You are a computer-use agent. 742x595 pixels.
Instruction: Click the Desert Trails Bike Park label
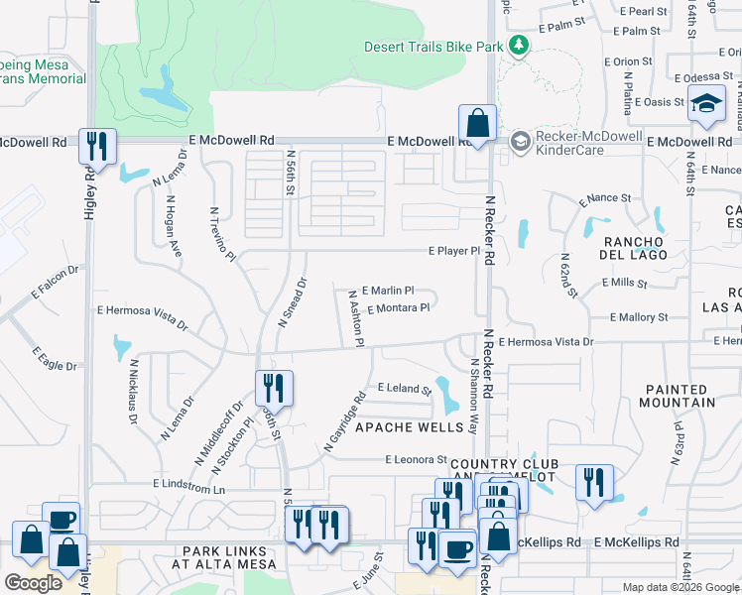coord(433,47)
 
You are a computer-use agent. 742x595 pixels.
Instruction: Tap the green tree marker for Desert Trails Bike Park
coord(517,46)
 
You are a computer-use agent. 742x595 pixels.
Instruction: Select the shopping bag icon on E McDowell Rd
coord(477,125)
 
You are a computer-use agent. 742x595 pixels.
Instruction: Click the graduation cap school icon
coord(706,103)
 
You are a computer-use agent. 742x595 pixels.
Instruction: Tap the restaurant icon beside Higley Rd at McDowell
coord(97,147)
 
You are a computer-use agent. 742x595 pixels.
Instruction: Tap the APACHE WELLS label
coord(410,427)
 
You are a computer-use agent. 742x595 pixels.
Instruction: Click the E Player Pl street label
coord(454,251)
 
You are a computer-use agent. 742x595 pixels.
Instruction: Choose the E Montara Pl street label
coord(398,308)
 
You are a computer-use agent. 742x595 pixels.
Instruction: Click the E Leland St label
coord(405,388)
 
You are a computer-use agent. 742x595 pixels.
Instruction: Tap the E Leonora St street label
coord(417,459)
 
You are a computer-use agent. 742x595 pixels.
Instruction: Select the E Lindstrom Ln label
coord(189,488)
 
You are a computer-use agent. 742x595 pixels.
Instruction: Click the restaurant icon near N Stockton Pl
coord(273,388)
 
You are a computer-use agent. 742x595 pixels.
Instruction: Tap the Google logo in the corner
coord(33,583)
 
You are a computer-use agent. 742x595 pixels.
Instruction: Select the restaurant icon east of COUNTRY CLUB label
coord(594,483)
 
